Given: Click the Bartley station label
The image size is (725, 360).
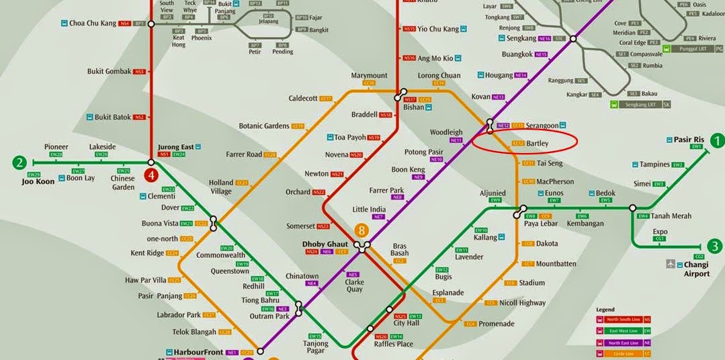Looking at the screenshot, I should pyautogui.click(x=538, y=144).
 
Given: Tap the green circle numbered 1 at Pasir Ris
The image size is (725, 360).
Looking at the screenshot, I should pyautogui.click(x=718, y=140).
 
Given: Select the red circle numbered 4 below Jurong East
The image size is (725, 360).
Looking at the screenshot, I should pyautogui.click(x=152, y=177).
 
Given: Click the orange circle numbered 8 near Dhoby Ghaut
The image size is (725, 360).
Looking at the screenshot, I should pyautogui.click(x=363, y=230).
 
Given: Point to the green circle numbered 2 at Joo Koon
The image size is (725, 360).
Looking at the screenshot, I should pyautogui.click(x=20, y=162).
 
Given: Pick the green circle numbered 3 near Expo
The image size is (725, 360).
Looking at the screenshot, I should pyautogui.click(x=715, y=246).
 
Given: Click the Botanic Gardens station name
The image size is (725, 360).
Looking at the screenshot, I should pyautogui.click(x=264, y=126).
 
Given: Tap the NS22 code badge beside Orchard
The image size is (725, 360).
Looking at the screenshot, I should pyautogui.click(x=318, y=192).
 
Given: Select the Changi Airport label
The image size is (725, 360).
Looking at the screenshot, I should pyautogui.click(x=696, y=269).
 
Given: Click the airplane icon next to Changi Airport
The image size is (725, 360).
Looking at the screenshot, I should pyautogui.click(x=671, y=264).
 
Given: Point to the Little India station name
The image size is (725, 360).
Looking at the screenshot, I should pyautogui.click(x=369, y=210).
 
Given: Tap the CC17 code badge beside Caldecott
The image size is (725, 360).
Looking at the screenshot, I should pyautogui.click(x=326, y=99).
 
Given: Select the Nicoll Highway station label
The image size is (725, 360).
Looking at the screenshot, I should pyautogui.click(x=522, y=303).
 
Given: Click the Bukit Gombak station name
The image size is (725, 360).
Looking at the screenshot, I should pyautogui.click(x=109, y=71).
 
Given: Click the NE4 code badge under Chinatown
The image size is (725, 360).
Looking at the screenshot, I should pyautogui.click(x=312, y=283).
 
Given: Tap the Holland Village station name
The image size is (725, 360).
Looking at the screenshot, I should pyautogui.click(x=221, y=187).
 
